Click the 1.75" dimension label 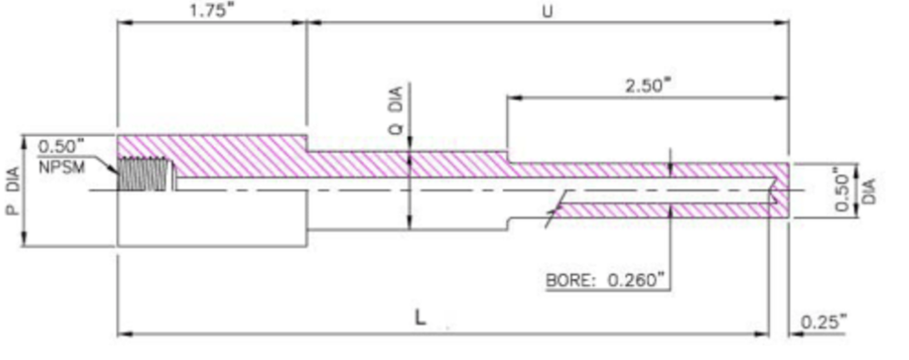click(x=211, y=11)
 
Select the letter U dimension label click(x=546, y=12)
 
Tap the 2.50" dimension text click(x=647, y=85)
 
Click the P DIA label click(x=13, y=191)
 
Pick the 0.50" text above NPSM click(x=62, y=145)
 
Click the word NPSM click(x=62, y=167)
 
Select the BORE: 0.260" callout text click(x=604, y=281)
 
